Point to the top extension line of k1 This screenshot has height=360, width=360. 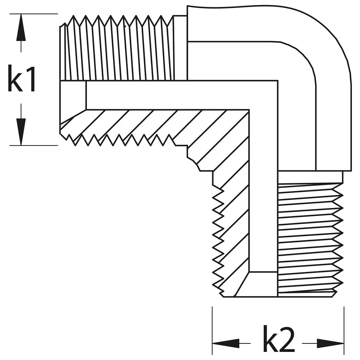pos(33,14)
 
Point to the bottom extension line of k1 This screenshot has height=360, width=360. pos(33,145)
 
